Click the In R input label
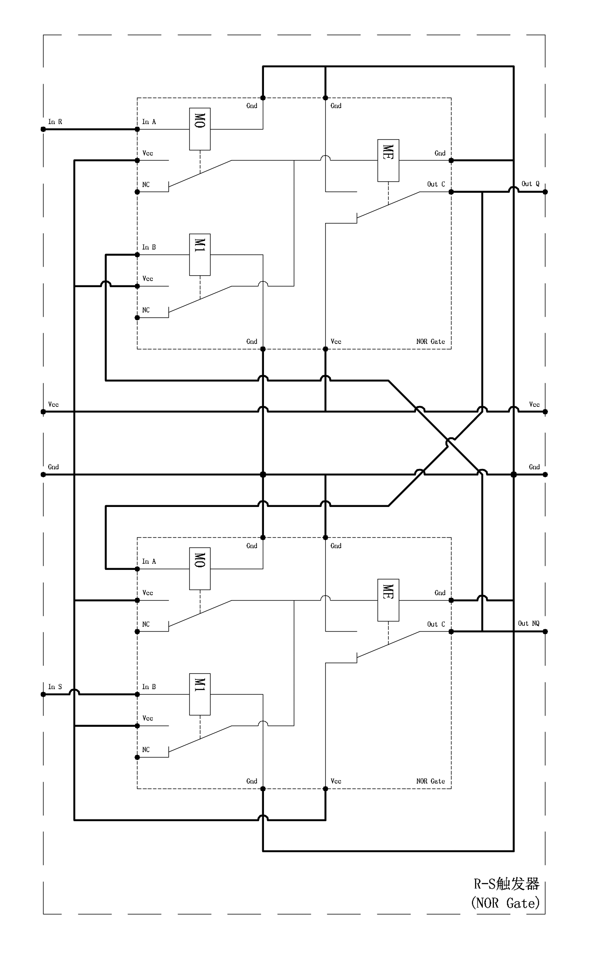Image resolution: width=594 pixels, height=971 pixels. click(55, 121)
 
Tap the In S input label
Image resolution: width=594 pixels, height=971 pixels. click(55, 686)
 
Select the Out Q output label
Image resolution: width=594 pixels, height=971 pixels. click(530, 183)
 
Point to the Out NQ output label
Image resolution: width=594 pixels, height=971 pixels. click(529, 623)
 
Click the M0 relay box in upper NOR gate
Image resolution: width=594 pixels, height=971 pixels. click(200, 129)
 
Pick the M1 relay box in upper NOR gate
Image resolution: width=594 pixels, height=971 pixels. click(200, 255)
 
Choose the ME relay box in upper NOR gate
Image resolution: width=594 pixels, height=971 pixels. click(388, 160)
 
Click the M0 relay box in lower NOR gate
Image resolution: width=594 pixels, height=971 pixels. click(200, 569)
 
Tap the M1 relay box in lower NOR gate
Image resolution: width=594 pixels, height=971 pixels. click(200, 694)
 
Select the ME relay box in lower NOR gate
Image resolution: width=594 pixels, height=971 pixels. click(388, 600)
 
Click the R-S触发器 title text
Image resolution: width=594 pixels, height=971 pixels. click(507, 884)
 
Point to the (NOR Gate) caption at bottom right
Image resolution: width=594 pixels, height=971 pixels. click(505, 903)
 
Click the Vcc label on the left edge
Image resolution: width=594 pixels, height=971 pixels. click(53, 404)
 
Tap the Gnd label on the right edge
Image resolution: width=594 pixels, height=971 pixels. click(534, 467)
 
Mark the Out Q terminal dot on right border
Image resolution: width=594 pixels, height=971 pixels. click(545, 192)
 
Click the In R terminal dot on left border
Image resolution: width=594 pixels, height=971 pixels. click(43, 129)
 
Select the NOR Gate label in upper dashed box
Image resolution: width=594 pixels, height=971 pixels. click(431, 341)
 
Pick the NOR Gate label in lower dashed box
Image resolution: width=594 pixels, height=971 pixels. click(431, 781)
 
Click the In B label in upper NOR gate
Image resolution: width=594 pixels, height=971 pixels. click(149, 247)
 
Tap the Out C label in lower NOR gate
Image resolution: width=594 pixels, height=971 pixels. click(436, 624)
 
